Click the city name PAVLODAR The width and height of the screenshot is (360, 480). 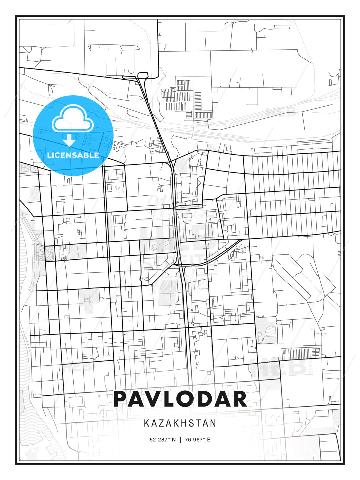[180, 399]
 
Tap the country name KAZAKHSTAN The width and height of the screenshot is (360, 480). [180, 423]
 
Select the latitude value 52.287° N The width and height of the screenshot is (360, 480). [163, 440]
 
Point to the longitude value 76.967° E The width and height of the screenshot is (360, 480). [197, 440]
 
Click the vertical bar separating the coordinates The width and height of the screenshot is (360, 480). [180, 440]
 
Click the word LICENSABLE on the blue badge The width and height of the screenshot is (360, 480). [73, 155]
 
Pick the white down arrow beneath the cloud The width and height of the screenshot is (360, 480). [69, 140]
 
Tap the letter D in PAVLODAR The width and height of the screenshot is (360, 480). [209, 399]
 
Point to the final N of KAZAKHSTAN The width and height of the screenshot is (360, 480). [213, 423]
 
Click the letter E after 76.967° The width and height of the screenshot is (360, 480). [209, 440]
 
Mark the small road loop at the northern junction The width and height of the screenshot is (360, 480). [142, 75]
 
